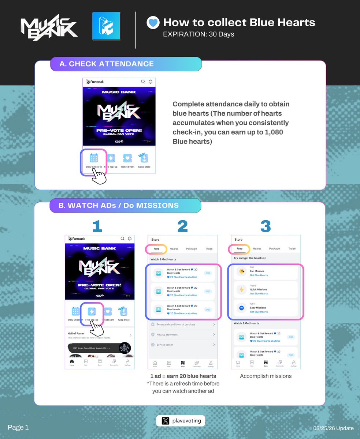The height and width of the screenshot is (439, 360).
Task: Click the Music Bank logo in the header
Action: pos(49,27)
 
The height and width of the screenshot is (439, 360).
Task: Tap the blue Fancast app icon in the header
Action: pos(106,26)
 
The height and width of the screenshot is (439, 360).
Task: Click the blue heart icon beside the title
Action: pos(153,23)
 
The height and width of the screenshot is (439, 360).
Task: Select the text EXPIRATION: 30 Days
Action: pos(198,34)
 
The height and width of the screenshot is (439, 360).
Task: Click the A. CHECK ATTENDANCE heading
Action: pos(107,64)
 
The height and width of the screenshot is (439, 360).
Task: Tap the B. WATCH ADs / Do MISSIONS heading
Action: pos(119,206)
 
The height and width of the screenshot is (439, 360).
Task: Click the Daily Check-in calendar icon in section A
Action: pos(94,158)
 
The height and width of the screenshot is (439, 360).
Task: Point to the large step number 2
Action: pos(182,226)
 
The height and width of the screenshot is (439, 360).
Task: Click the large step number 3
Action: pos(265,226)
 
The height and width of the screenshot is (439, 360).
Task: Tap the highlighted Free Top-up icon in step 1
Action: pos(92,312)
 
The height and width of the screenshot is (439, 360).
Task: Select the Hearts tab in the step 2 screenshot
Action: pos(174,249)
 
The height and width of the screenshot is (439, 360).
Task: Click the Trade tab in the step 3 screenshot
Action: pos(292,249)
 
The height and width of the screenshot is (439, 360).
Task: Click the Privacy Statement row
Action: pos(182,335)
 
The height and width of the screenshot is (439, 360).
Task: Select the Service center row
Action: pos(182,345)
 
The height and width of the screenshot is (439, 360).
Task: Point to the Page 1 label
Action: pos(18,427)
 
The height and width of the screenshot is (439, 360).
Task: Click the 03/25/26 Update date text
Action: pos(333,428)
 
